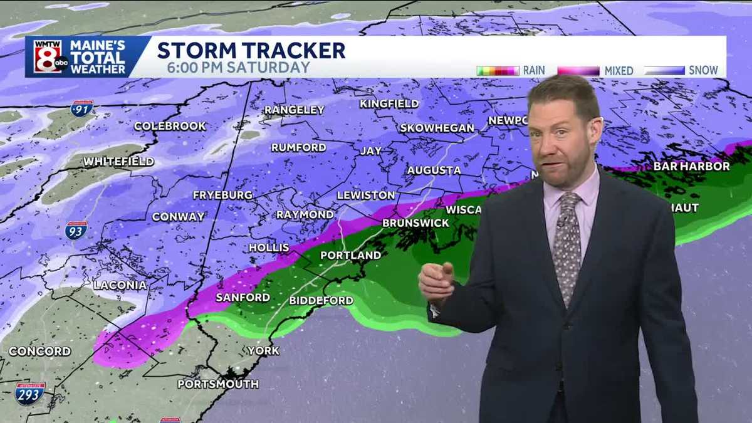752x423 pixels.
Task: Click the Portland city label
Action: point(350,255)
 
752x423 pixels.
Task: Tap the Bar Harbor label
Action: point(691,166)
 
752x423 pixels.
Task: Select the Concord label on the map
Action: point(39,351)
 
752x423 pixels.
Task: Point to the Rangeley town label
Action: point(294,110)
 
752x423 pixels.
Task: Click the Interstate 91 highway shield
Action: point(81,108)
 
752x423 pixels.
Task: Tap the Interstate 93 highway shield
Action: point(75,230)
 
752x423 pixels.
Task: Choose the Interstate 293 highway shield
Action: point(30,393)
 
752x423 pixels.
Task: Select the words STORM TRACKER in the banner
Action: point(251,50)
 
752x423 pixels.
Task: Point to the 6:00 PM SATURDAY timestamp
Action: point(239,68)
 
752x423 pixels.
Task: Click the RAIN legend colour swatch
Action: point(498,71)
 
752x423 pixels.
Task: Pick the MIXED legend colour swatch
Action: point(578,71)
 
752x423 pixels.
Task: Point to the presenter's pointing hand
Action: point(437,282)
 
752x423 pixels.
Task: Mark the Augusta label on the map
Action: point(434,170)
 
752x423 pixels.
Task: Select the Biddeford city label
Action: point(321,301)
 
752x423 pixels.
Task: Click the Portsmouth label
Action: point(217,384)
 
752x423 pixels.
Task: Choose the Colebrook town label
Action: point(170,126)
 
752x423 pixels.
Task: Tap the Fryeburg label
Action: point(222,195)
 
